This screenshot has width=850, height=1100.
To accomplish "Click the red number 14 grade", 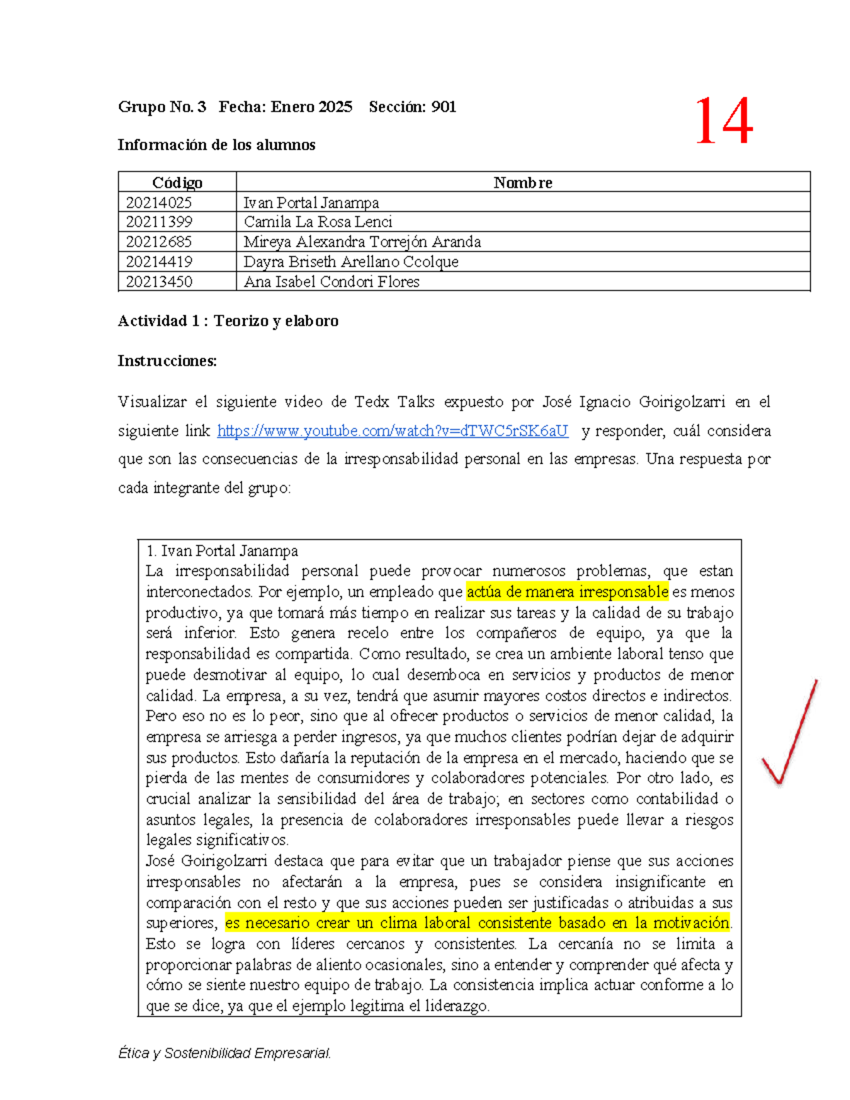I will click(x=723, y=122).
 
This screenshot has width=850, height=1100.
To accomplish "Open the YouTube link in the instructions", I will click(x=392, y=431).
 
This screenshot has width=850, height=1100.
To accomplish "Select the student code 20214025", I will click(x=159, y=203).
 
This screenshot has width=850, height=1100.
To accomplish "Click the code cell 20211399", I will click(x=159, y=222).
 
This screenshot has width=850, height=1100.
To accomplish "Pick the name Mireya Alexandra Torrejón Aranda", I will click(x=362, y=242).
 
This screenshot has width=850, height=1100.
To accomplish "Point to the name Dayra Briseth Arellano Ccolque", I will click(x=351, y=261).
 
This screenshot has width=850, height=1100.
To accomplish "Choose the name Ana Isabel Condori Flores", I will click(x=331, y=282).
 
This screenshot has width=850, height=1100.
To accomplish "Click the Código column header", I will click(x=177, y=183).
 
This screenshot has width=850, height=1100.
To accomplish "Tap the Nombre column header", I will click(x=523, y=183).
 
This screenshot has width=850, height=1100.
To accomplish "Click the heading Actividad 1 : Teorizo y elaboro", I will click(x=228, y=321).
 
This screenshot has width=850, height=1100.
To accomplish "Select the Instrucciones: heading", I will click(x=167, y=361).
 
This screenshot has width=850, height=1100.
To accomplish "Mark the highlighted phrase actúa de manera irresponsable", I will click(x=567, y=591).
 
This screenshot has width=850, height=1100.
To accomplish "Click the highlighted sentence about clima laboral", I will click(x=477, y=923).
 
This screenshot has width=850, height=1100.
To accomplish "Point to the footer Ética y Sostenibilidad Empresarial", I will click(x=225, y=1053).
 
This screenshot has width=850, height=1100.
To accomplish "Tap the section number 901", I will click(x=443, y=107).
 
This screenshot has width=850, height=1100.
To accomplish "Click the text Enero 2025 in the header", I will click(x=312, y=107).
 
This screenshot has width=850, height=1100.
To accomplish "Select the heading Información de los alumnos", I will click(x=217, y=144).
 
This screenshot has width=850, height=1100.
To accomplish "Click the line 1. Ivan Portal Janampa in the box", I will click(x=222, y=551).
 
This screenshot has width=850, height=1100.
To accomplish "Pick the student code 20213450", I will click(x=159, y=282).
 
